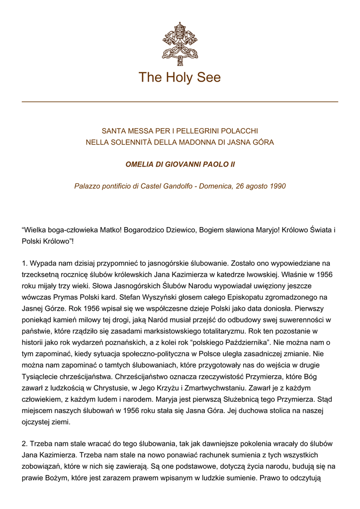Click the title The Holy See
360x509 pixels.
coord(180,78)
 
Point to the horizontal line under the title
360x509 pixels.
coord(180,102)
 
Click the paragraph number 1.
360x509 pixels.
coord(24,263)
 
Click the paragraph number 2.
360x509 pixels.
coord(24,444)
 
